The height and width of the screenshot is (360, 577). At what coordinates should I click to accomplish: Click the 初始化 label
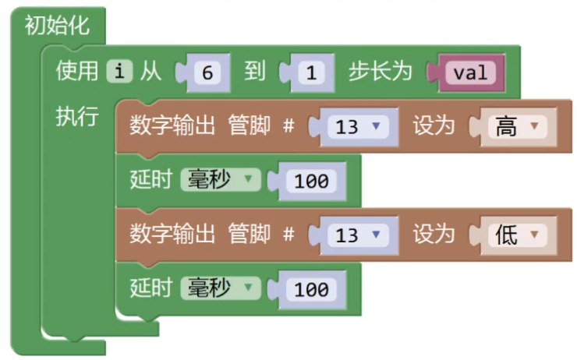(x=57, y=26)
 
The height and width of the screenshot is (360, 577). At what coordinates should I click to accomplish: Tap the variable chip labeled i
(x=119, y=72)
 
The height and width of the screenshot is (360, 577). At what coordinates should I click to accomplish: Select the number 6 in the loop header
(x=207, y=73)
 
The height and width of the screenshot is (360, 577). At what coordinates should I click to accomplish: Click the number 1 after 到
(x=310, y=73)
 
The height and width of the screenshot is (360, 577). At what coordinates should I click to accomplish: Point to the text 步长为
(x=379, y=72)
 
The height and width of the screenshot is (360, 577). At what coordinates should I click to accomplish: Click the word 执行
(x=76, y=117)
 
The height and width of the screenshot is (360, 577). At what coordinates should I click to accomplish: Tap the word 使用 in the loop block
(x=76, y=72)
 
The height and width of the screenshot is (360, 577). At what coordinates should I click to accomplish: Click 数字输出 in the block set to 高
(x=172, y=125)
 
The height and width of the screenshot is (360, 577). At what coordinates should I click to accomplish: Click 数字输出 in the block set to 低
(x=172, y=234)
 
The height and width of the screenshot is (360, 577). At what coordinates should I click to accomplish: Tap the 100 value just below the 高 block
(x=311, y=182)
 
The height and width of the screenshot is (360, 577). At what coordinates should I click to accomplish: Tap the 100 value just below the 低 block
(x=311, y=290)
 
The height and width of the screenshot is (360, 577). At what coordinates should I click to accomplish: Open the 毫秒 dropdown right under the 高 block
(x=219, y=180)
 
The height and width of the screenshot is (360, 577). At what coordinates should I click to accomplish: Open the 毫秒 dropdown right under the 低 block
(x=219, y=288)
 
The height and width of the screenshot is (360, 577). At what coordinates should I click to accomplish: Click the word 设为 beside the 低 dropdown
(x=434, y=234)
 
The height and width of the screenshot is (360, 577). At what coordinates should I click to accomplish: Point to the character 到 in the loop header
(x=254, y=72)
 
